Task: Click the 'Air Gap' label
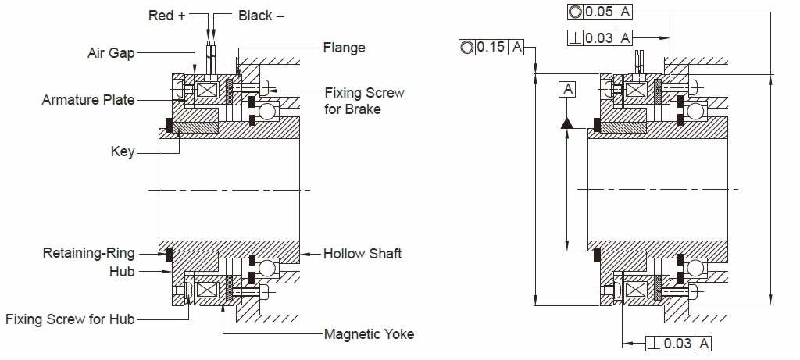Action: (111, 52)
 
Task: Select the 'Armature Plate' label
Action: (87, 100)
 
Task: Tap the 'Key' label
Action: (123, 151)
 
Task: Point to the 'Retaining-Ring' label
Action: (88, 253)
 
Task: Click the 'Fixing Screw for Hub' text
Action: (70, 319)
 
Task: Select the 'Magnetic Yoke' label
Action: (369, 334)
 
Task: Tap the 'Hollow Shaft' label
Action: (362, 254)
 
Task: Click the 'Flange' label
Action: (344, 48)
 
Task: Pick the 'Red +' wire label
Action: (166, 15)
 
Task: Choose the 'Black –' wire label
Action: (261, 15)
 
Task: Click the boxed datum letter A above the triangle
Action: (568, 89)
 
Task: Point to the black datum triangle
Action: (568, 123)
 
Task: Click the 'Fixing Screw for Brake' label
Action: (364, 101)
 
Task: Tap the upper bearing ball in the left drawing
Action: (268, 111)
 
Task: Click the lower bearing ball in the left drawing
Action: (268, 269)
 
